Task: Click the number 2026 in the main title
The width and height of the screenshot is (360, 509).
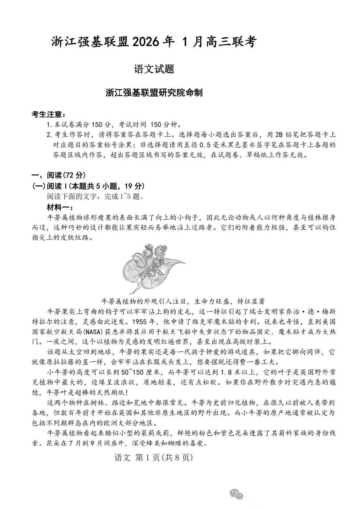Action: [146, 42]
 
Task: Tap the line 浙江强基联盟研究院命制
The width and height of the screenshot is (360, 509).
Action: [154, 93]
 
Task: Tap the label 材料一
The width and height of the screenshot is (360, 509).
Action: [60, 208]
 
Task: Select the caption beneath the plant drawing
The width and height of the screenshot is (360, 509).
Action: [183, 301]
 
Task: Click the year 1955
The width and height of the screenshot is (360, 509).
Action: [138, 321]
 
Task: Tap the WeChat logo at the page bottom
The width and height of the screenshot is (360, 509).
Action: [236, 494]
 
